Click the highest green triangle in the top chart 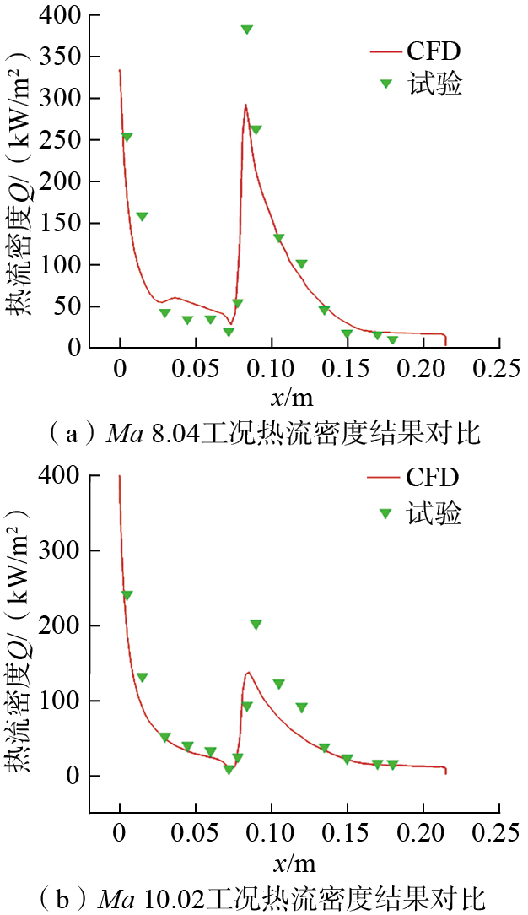click(x=246, y=30)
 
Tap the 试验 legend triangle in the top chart click(x=386, y=84)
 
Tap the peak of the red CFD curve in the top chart click(x=245, y=106)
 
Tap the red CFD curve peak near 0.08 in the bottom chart click(x=248, y=673)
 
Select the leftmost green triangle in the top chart click(x=127, y=137)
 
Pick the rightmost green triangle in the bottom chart click(x=392, y=765)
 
